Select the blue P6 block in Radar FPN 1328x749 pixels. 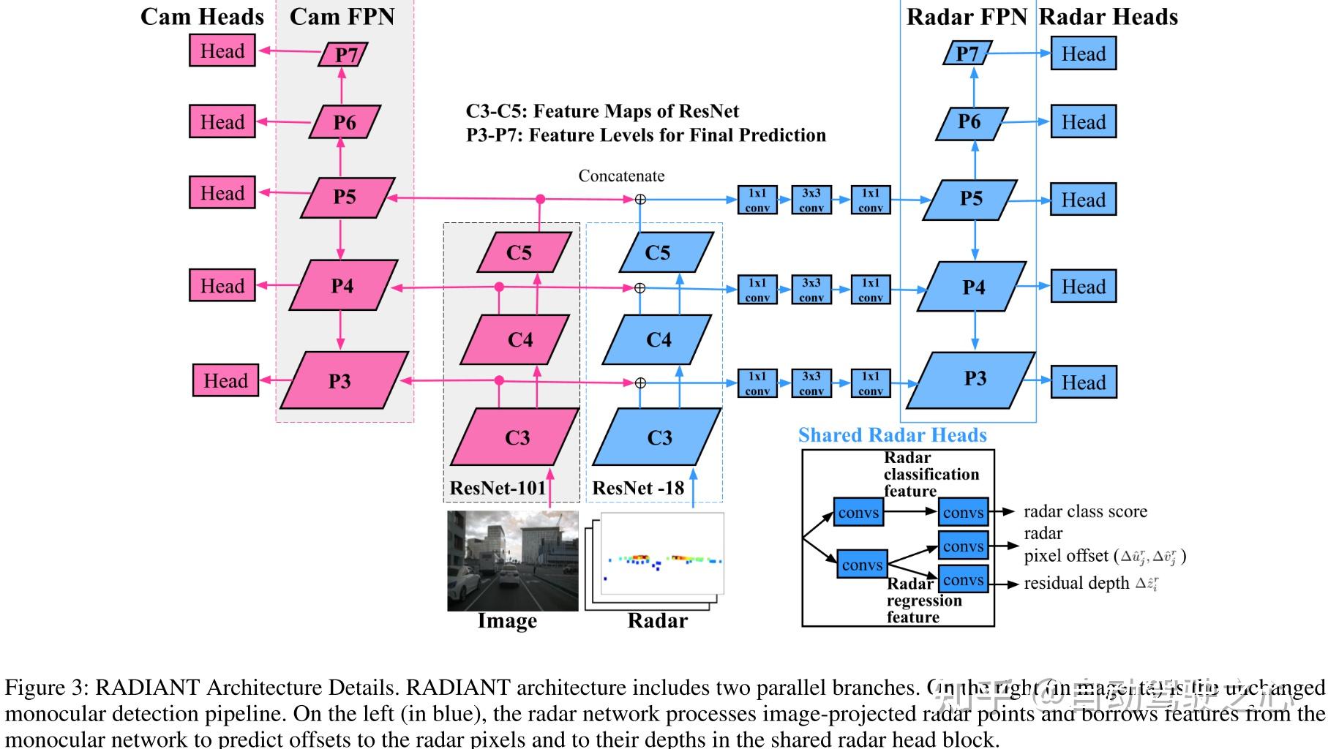[970, 122]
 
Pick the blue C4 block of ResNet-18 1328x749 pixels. [658, 339]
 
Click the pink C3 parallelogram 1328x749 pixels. [515, 437]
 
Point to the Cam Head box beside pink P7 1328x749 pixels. [222, 51]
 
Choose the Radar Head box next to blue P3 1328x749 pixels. [1083, 383]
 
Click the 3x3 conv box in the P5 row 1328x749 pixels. [811, 200]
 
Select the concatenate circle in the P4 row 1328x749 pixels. [639, 288]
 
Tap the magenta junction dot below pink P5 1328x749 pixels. [540, 199]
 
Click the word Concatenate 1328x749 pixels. [621, 176]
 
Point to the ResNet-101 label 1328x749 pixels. [498, 488]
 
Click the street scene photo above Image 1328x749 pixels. [512, 560]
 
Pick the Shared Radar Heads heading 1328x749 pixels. [892, 435]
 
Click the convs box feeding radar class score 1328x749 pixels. [963, 512]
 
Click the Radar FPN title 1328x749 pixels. [967, 18]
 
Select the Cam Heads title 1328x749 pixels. [202, 18]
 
